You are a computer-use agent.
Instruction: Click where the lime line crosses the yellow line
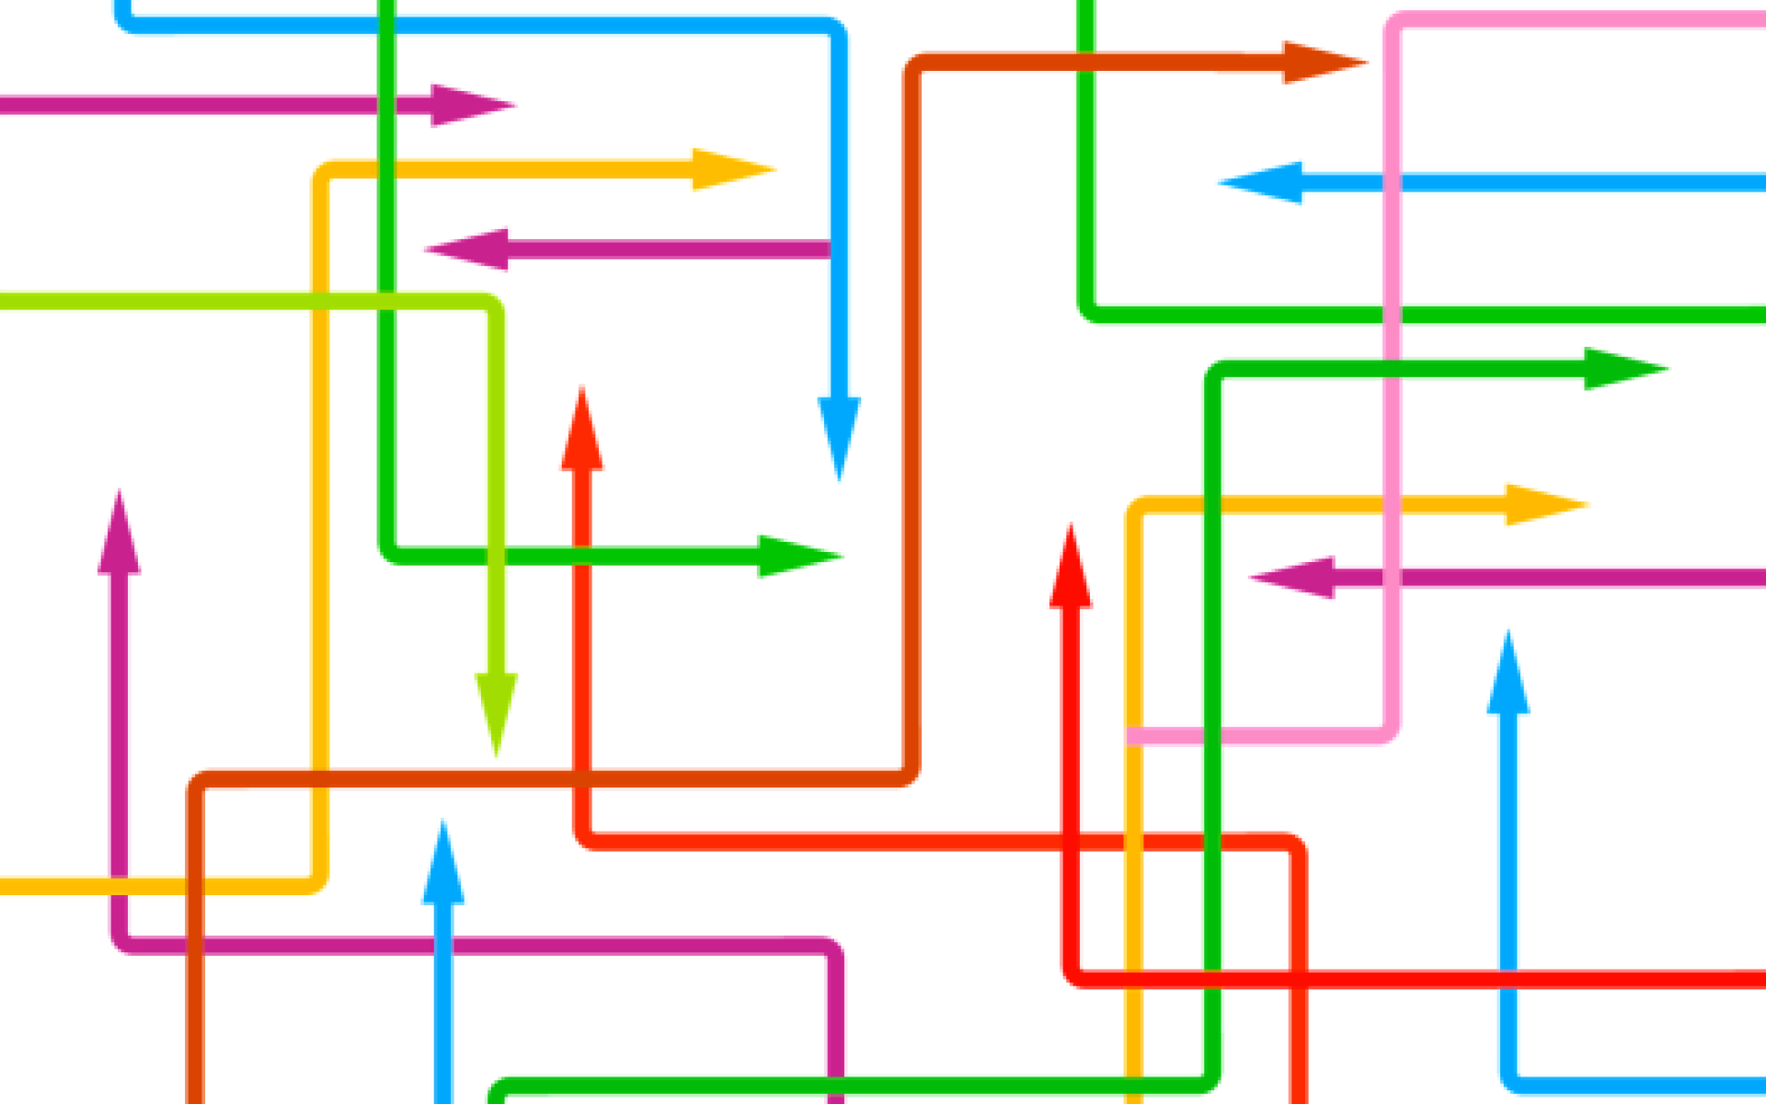(320, 301)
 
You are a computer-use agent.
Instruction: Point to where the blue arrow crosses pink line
(1392, 182)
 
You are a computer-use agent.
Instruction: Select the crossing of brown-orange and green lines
(1086, 63)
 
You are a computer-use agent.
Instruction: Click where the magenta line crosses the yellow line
(119, 886)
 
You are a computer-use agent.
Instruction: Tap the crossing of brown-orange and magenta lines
(195, 946)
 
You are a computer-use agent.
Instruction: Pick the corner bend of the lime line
(496, 302)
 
